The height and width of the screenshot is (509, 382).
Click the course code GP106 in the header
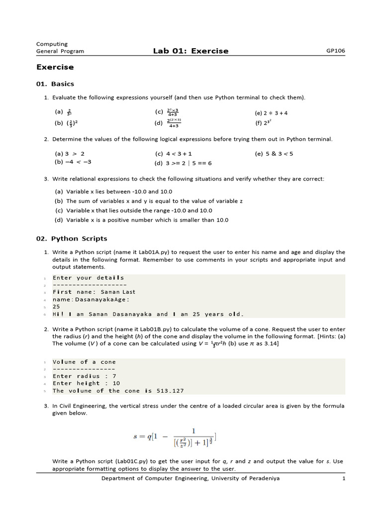click(335, 51)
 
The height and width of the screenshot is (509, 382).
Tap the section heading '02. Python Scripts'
click(72, 239)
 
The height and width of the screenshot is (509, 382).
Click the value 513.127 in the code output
click(163, 391)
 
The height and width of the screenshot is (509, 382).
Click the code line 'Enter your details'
click(88, 278)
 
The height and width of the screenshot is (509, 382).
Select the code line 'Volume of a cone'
click(84, 362)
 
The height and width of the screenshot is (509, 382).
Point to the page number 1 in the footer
click(343, 479)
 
